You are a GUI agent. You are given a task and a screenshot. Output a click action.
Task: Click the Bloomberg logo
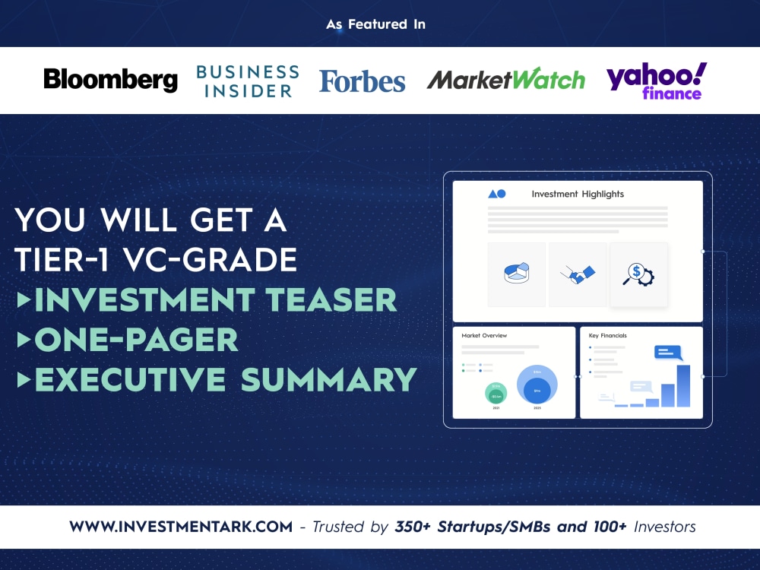110,80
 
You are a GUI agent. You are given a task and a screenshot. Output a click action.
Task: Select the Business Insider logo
248,81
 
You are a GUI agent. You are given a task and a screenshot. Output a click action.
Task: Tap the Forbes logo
362,81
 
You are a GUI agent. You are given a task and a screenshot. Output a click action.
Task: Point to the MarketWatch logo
505,80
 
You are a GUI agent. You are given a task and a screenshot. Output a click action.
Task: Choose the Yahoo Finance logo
656,81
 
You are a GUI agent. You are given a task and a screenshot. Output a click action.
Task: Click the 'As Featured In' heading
376,24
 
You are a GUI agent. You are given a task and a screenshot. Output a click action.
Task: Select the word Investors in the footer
661,527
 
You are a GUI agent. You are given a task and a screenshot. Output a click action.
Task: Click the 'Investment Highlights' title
578,195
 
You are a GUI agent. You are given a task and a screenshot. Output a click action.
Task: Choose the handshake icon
578,274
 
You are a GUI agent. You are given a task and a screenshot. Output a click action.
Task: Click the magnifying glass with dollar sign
638,274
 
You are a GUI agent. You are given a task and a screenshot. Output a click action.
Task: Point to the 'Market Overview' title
484,335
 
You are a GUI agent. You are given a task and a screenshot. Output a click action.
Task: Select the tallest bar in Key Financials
683,386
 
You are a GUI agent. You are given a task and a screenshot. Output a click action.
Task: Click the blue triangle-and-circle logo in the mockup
496,195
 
